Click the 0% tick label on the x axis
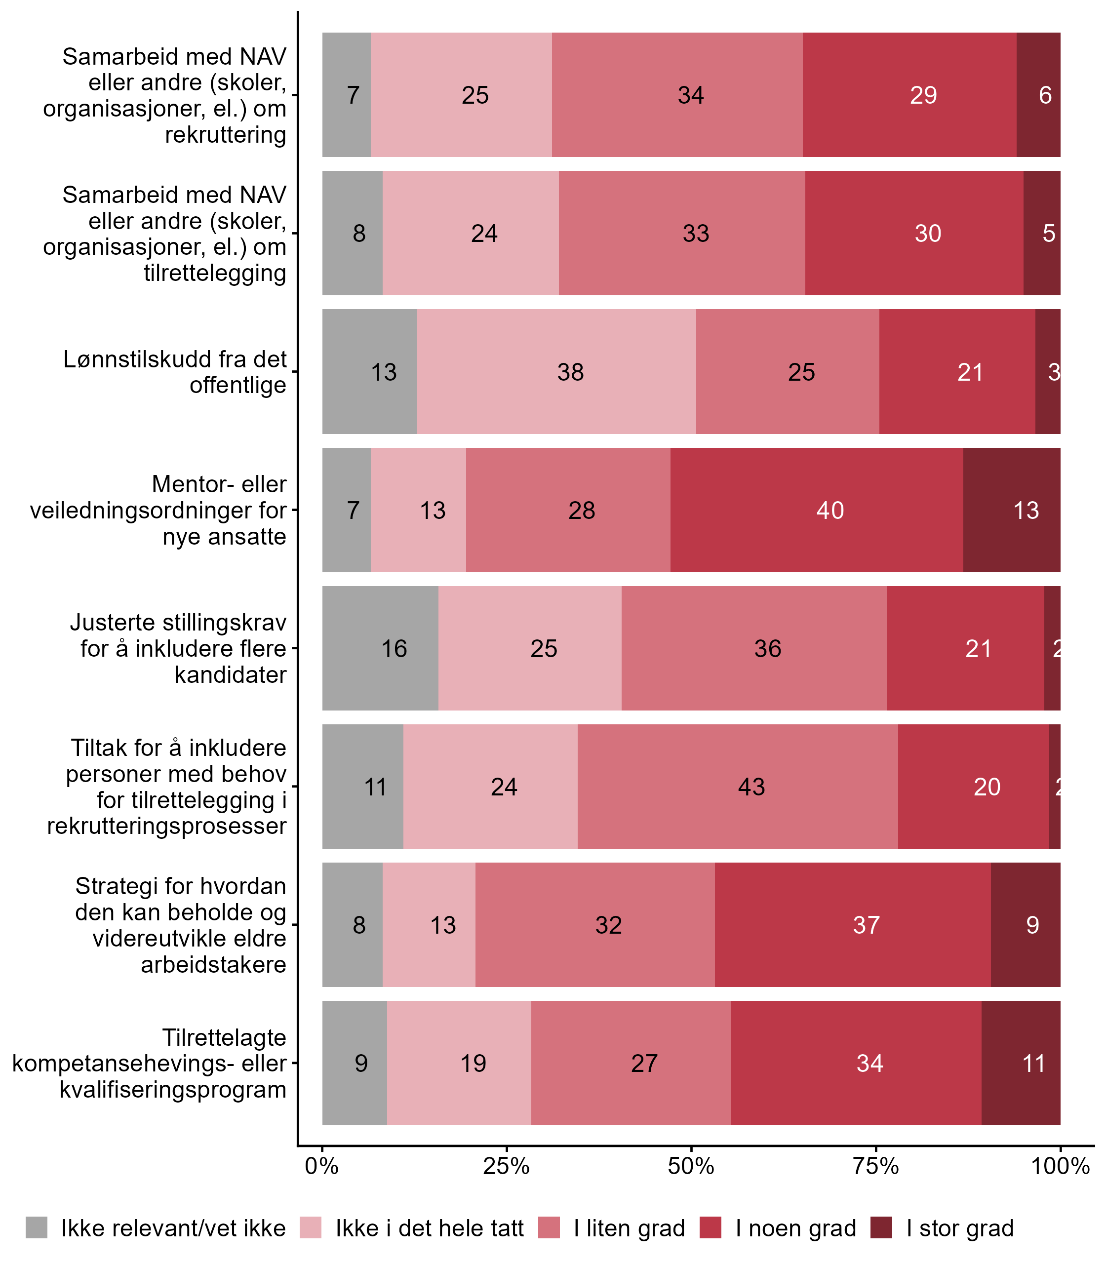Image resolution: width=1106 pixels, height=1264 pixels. pos(321,1166)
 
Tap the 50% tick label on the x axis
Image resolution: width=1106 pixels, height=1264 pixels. pos(691,1166)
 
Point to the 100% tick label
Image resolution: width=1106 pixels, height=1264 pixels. pos(1060,1166)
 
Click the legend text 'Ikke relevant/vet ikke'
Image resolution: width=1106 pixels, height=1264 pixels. pos(173,1228)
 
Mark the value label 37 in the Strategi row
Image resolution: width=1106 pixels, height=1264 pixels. pos(866,925)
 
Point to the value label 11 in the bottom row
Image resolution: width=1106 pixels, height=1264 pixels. pos(1034,1064)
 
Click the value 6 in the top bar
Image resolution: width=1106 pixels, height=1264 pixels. pos(1045,95)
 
